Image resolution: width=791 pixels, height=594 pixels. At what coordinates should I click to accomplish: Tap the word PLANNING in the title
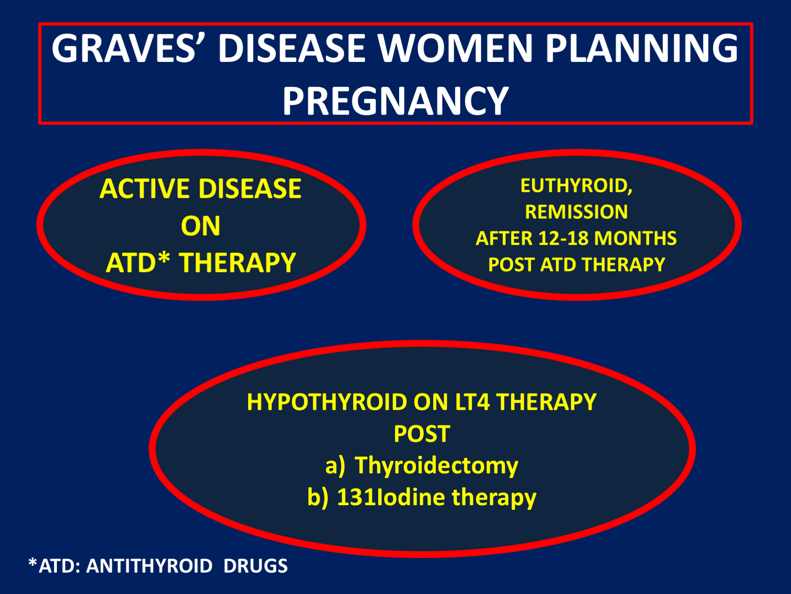[x=642, y=48]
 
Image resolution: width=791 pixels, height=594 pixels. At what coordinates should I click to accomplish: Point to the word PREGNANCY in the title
[x=395, y=101]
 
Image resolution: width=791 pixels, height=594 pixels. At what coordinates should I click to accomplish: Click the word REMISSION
[x=576, y=212]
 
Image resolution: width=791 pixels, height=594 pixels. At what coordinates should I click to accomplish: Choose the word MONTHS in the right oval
[x=635, y=238]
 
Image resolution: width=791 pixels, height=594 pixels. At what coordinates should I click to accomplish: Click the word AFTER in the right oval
[x=504, y=238]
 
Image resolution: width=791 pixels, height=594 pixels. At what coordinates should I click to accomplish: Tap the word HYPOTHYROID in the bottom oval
[x=327, y=402]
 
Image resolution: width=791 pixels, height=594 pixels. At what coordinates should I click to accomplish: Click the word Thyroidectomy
[x=436, y=466]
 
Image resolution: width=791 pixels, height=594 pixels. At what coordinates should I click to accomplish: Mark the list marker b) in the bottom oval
[x=318, y=497]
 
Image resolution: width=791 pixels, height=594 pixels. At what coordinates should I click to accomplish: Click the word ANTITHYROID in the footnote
[x=149, y=566]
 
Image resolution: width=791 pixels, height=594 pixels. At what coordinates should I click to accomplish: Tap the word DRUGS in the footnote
[x=255, y=566]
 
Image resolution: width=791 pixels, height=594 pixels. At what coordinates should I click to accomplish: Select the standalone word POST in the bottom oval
[x=422, y=434]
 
